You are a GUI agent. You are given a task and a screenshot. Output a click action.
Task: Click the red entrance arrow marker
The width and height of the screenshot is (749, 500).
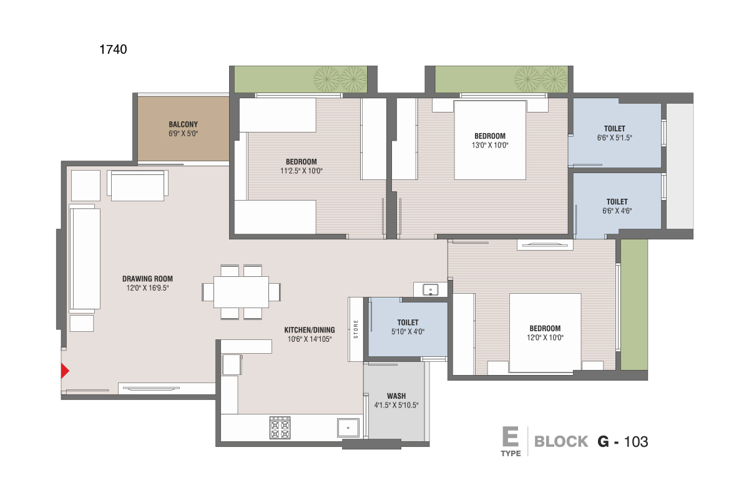65,371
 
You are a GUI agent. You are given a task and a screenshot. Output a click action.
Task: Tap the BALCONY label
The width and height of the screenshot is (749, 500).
184,124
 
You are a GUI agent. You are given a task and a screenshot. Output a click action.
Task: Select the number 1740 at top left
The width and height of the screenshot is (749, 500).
113,49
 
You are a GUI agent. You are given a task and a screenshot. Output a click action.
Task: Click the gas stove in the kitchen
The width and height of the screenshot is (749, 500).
280,427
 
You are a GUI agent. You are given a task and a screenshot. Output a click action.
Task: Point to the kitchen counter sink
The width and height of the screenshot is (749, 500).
348,427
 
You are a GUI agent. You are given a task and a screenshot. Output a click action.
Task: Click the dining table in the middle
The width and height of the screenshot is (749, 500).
241,292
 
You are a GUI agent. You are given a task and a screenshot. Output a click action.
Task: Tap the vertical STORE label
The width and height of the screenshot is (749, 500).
356,329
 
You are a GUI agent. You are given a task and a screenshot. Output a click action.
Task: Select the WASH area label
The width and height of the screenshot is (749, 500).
396,396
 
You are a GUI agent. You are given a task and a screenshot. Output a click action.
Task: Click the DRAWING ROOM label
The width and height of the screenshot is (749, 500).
147,279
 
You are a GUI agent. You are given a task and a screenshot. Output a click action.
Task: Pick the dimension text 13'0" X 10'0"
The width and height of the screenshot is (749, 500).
490,146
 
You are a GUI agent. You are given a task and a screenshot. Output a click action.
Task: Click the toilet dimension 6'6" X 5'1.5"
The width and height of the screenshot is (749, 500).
615,137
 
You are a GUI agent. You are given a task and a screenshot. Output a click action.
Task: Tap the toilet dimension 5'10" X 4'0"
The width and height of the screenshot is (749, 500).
408,331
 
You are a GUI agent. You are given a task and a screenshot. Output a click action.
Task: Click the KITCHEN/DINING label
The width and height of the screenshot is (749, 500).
310,330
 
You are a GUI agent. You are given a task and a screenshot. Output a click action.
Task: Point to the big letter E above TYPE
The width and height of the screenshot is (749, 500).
511,436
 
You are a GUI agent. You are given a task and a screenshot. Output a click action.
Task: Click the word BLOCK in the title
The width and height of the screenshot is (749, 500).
561,441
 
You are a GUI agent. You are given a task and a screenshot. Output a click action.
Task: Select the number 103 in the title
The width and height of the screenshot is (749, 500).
636,442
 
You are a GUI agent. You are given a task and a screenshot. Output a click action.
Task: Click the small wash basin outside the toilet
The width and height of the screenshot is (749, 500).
430,289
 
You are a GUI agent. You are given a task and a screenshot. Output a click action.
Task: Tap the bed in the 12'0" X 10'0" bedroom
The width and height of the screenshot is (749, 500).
545,332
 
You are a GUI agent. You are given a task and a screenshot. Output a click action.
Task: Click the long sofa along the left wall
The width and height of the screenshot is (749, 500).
85,259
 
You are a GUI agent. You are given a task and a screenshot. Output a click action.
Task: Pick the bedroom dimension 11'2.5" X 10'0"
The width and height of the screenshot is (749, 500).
301,171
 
